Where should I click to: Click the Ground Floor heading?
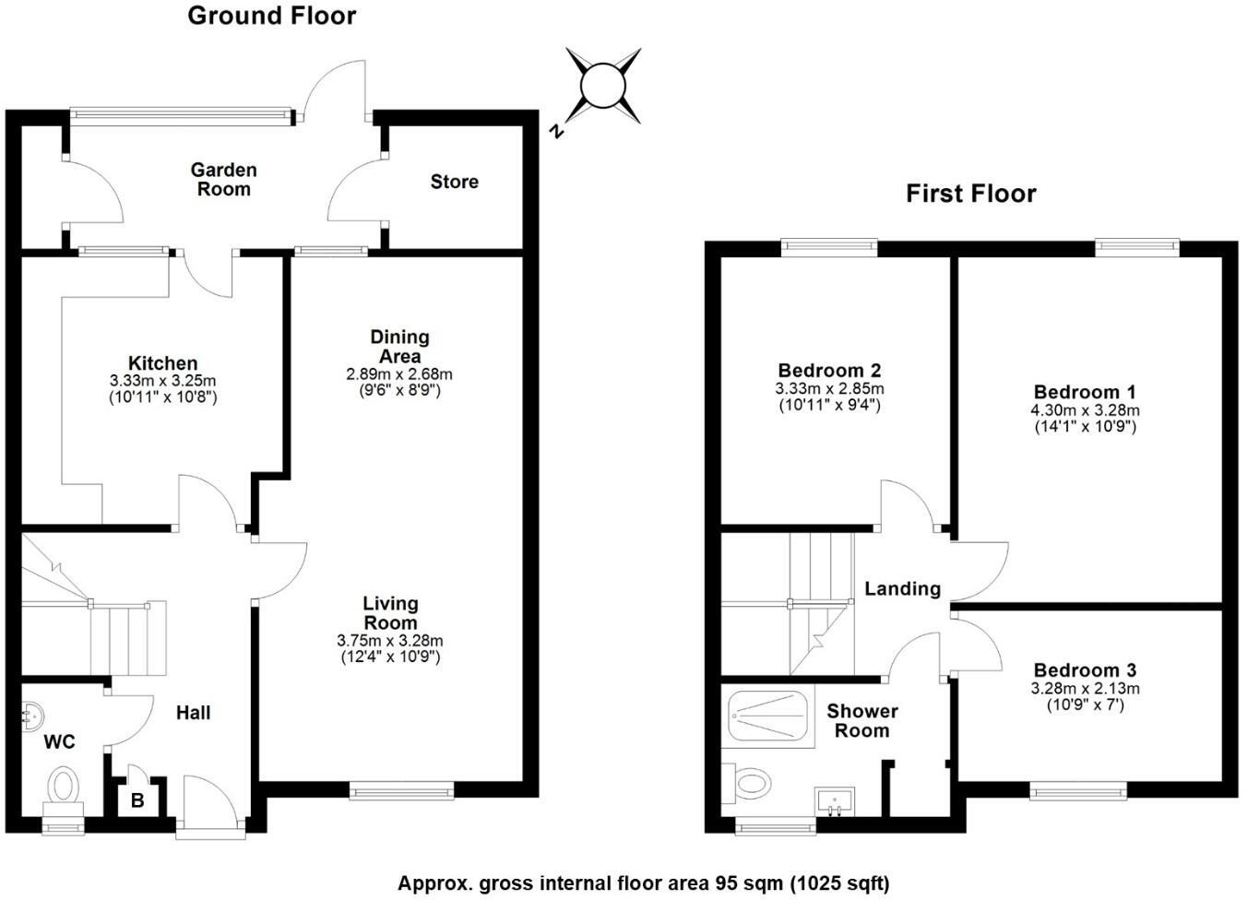(x=271, y=16)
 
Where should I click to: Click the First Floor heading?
(x=970, y=194)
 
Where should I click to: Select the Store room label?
(x=454, y=182)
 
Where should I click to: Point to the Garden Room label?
(x=223, y=180)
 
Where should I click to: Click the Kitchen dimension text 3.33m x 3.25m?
(x=162, y=381)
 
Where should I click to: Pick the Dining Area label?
(x=399, y=347)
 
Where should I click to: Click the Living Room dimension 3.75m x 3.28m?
(x=389, y=641)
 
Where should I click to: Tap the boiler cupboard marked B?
(x=137, y=800)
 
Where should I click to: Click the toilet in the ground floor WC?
(x=64, y=786)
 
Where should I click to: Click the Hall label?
(x=193, y=713)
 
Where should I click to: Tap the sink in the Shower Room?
(x=835, y=801)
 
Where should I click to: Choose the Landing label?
(x=901, y=589)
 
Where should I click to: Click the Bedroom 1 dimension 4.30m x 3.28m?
(x=1085, y=410)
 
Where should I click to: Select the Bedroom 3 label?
(x=1085, y=670)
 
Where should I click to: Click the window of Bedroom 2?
(x=829, y=246)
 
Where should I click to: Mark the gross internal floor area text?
(x=643, y=883)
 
